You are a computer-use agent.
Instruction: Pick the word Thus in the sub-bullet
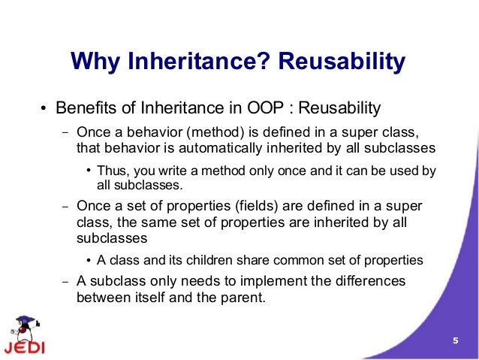[110, 171]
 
